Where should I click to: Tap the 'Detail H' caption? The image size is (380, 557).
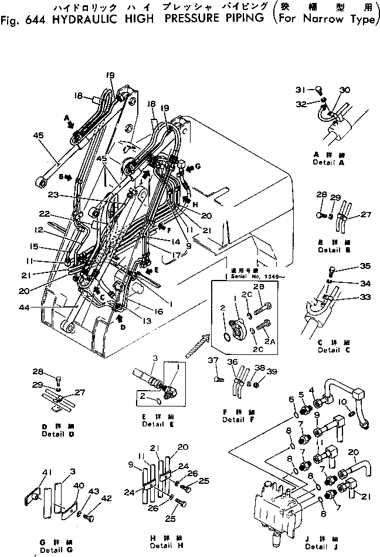pyautogui.click(x=161, y=545)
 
